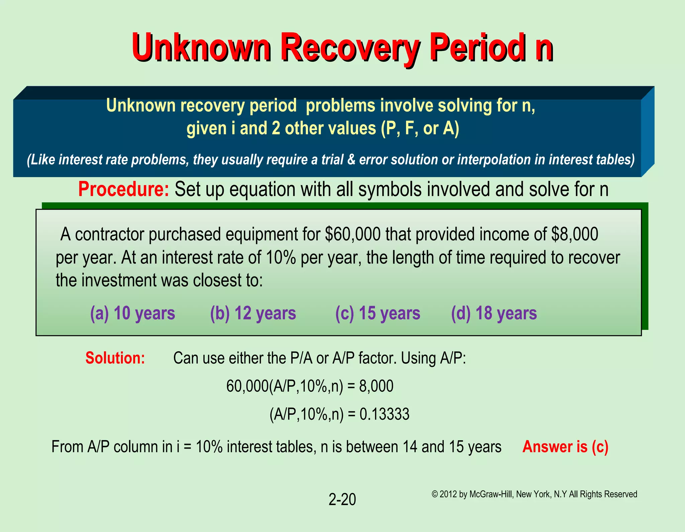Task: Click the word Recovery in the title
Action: [x=350, y=48]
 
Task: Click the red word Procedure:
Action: [x=124, y=189]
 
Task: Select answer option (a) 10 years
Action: [x=132, y=313]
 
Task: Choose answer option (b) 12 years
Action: [x=253, y=313]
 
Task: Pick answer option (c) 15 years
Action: [x=378, y=313]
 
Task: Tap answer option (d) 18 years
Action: [x=494, y=313]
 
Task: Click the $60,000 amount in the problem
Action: [x=353, y=234]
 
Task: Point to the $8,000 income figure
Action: [x=574, y=234]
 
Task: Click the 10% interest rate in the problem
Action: [x=281, y=258]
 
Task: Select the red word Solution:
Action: [x=115, y=358]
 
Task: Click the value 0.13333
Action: [x=384, y=414]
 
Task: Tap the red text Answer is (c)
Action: [x=565, y=447]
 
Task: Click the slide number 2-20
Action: [x=342, y=500]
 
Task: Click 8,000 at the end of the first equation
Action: [x=376, y=386]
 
